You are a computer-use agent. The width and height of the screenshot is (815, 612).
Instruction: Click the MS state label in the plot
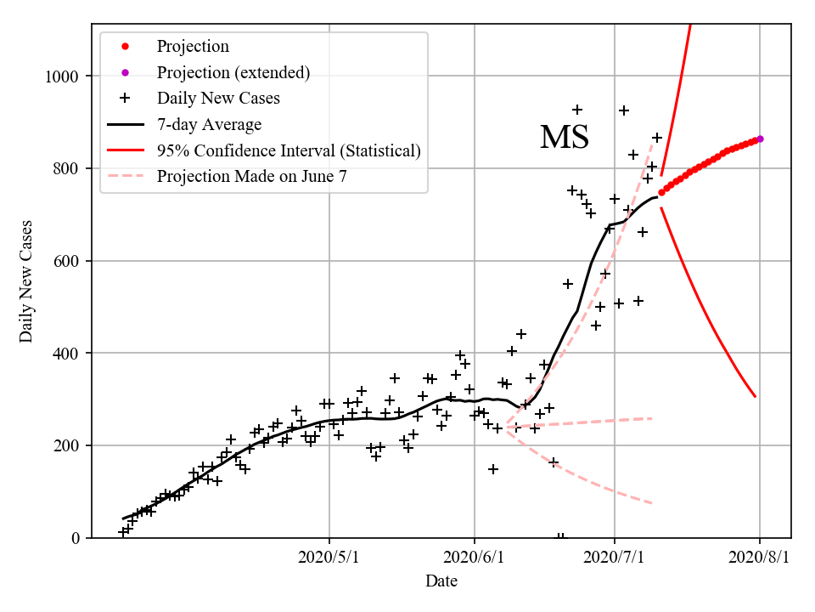(565, 138)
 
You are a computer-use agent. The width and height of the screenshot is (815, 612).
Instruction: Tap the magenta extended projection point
(760, 139)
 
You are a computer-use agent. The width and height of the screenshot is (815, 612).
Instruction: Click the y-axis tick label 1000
(61, 76)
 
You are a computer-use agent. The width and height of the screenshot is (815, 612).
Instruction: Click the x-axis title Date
(441, 581)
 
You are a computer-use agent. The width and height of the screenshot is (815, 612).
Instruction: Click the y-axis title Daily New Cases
(26, 281)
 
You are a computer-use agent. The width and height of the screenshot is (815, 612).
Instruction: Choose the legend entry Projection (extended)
(233, 73)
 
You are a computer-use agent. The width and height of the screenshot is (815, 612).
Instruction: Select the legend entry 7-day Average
(209, 125)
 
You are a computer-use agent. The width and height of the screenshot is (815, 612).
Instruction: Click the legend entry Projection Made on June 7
(251, 177)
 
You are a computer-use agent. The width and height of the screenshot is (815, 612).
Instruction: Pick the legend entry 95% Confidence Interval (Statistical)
(289, 151)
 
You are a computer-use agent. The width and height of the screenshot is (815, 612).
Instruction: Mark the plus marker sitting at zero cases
(560, 537)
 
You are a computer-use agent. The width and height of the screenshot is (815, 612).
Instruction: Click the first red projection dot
(661, 192)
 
